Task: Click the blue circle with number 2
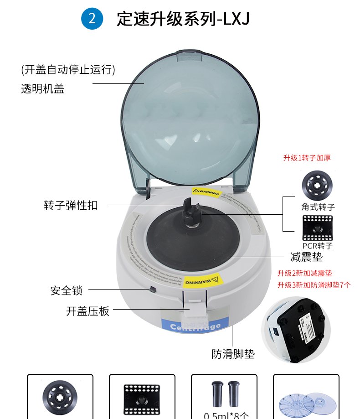[x=92, y=18]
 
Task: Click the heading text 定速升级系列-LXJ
[x=183, y=19]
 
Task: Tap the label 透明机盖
[x=42, y=89]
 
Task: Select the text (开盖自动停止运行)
[x=68, y=70]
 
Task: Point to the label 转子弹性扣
[x=71, y=205]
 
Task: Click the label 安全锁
[x=67, y=290]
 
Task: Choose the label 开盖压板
[x=88, y=311]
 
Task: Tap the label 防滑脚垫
[x=233, y=354]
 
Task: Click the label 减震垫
[x=306, y=257]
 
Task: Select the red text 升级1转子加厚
[x=307, y=158]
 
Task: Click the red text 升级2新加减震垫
[x=305, y=274]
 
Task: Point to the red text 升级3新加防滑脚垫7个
[x=314, y=285]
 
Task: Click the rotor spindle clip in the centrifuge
[x=191, y=210]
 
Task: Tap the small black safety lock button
[x=152, y=290]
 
